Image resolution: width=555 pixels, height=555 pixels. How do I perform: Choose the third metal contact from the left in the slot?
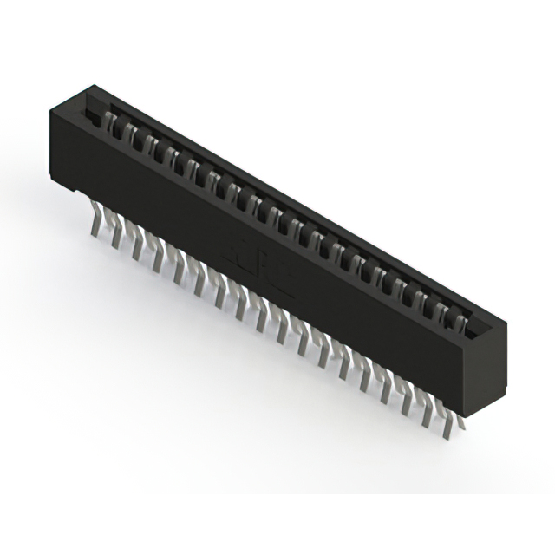151,146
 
